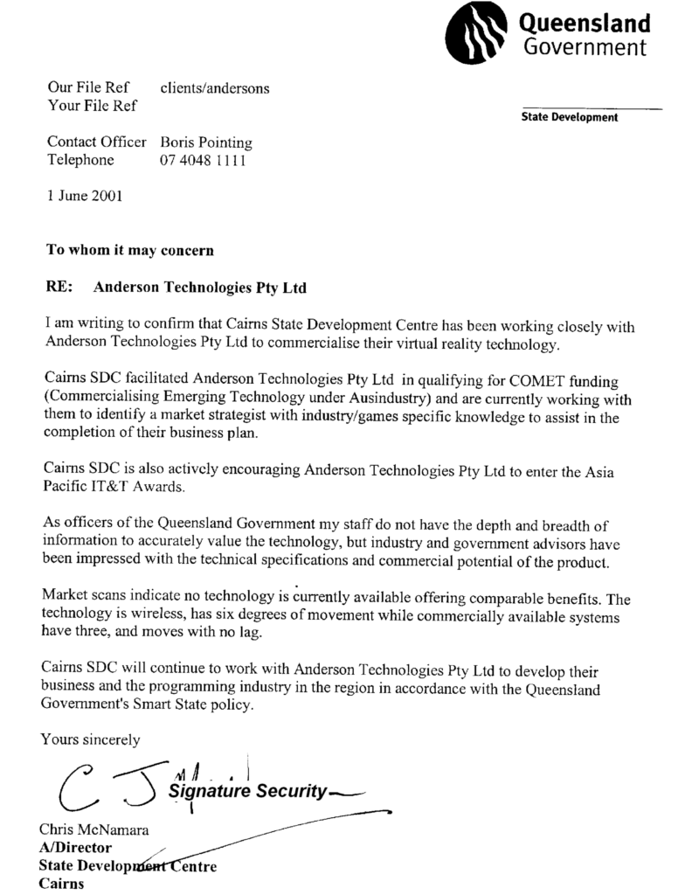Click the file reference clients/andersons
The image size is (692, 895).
(x=215, y=88)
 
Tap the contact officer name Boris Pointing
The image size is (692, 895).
(x=206, y=142)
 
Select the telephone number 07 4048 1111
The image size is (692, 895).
(x=204, y=161)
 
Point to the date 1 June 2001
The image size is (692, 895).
(x=84, y=196)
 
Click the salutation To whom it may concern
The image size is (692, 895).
(x=129, y=250)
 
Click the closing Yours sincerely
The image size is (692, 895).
(x=90, y=740)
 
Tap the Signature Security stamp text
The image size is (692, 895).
(x=249, y=792)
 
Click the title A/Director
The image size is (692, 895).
(x=74, y=847)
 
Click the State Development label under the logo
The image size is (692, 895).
(x=569, y=117)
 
